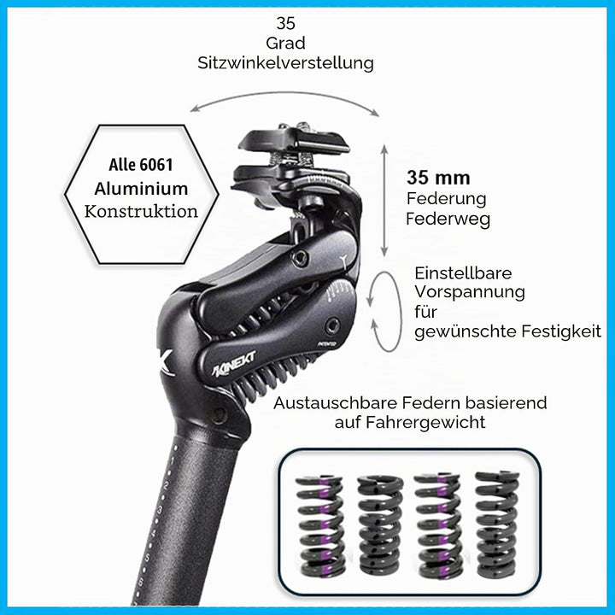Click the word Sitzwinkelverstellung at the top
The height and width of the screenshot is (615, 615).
285,62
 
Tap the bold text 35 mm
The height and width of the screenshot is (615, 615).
438,178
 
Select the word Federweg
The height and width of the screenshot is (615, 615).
448,219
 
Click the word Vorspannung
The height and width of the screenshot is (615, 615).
470,292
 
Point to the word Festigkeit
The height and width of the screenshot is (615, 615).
561,331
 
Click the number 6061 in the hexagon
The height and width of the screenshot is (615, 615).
156,165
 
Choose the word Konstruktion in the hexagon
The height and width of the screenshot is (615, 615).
141,212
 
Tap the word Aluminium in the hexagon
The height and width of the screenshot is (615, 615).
141,189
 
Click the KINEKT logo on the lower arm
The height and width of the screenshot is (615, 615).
234,364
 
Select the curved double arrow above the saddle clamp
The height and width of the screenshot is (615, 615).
285,93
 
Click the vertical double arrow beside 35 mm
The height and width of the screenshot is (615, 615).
384,201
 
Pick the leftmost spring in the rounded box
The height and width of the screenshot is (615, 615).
320,527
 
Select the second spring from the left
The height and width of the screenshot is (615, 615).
380,527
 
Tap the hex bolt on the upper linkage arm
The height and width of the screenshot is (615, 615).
300,259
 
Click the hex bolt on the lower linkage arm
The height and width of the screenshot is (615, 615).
332,325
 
